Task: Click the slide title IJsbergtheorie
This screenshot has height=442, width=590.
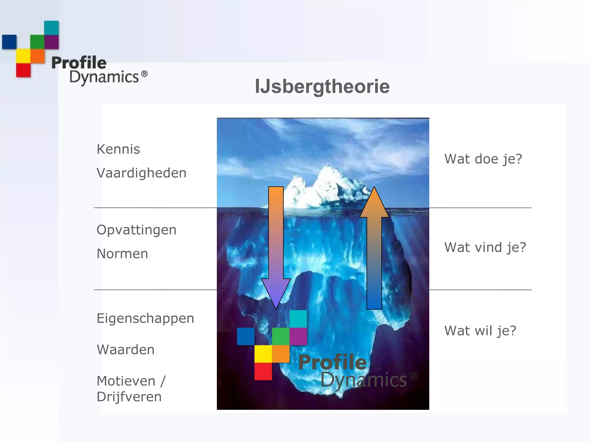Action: click(322, 87)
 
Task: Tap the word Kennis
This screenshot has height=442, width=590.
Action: click(118, 149)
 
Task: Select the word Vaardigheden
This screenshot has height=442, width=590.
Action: click(141, 173)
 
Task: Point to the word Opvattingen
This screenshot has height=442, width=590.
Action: click(137, 230)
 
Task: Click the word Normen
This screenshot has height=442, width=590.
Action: click(122, 254)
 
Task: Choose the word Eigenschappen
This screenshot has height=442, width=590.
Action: click(145, 319)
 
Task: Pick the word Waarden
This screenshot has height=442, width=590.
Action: click(126, 350)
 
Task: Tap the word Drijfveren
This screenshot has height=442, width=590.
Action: click(129, 397)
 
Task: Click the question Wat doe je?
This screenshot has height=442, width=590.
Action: click(483, 159)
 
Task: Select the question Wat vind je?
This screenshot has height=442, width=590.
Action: click(485, 247)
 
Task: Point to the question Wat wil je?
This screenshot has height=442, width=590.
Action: click(480, 331)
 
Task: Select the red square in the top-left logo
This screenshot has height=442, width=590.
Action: click(23, 70)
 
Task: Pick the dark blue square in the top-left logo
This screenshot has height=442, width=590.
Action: click(9, 42)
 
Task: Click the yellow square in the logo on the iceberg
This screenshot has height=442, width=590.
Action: click(263, 354)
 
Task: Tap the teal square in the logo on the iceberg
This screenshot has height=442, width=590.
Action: click(298, 319)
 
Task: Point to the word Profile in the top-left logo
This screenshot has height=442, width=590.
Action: click(79, 63)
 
